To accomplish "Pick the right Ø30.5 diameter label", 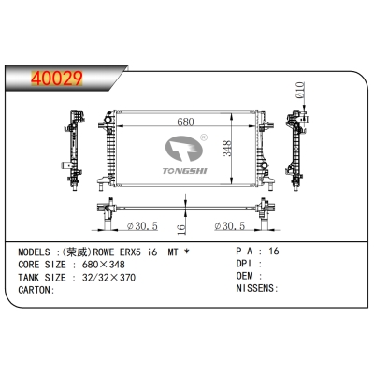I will tap(228, 226).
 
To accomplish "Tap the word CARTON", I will tap(36, 289).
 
